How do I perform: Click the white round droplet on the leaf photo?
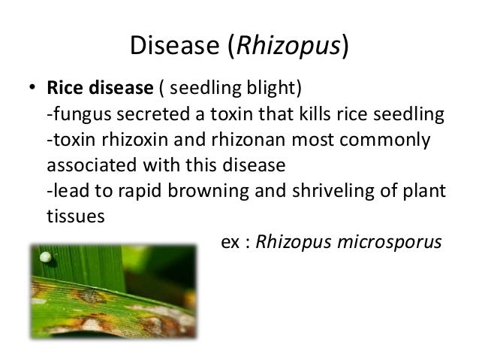click(46, 258)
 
